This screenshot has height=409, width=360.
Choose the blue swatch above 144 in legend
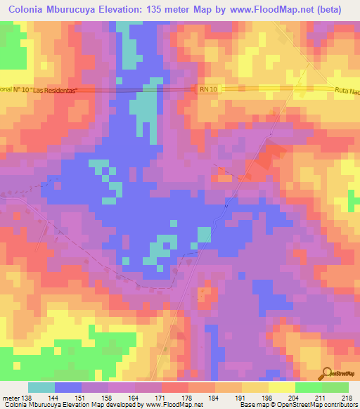[x=68, y=387]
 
